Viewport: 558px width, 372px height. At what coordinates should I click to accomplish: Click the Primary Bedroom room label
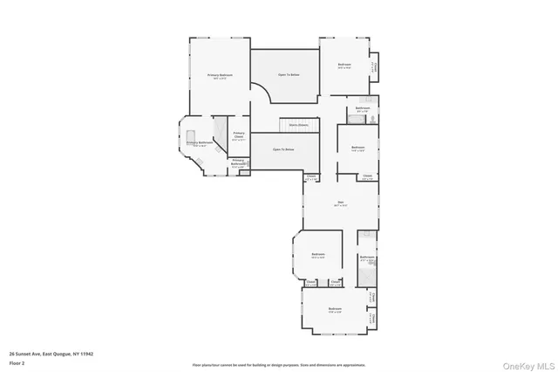(x=219, y=76)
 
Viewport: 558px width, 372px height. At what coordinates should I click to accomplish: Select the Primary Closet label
(x=238, y=134)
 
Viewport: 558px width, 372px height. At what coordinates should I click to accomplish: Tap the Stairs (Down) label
(x=297, y=125)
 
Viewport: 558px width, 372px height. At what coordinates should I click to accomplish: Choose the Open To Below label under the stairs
(x=282, y=150)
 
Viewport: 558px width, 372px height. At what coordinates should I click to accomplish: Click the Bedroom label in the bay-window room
(x=317, y=255)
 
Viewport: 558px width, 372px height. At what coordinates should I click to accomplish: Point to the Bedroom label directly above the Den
(x=357, y=148)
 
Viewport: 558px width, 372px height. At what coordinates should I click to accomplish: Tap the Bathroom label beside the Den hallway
(x=367, y=258)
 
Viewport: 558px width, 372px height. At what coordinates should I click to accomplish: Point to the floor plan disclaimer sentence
(x=279, y=365)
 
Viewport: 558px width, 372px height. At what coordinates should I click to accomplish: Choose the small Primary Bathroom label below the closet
(x=238, y=162)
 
